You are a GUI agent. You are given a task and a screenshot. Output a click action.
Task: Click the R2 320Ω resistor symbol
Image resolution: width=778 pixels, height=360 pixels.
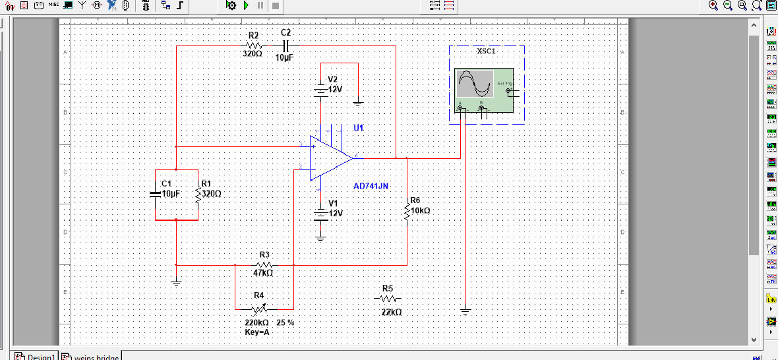[253, 45]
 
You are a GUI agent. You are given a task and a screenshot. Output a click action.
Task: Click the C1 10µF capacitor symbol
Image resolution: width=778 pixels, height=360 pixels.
[155, 194]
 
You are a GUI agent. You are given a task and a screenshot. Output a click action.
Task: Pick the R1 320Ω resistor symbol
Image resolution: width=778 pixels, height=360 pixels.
[198, 194]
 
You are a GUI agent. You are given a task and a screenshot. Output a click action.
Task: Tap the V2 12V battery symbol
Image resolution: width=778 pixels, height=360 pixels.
[321, 90]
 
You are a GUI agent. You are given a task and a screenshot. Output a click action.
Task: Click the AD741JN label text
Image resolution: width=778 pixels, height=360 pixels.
[371, 187]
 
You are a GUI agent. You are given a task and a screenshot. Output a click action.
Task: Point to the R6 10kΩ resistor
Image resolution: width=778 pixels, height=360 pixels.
[407, 210]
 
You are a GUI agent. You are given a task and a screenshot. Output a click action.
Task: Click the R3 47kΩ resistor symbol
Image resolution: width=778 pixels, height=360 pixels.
[264, 264]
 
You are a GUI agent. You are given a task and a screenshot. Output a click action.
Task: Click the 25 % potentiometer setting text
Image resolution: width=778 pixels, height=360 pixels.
[285, 323]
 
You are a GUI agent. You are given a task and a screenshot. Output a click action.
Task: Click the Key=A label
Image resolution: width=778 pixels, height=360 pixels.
[257, 333]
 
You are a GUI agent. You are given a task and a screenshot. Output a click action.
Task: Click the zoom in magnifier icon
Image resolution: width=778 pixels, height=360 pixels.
[713, 5]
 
